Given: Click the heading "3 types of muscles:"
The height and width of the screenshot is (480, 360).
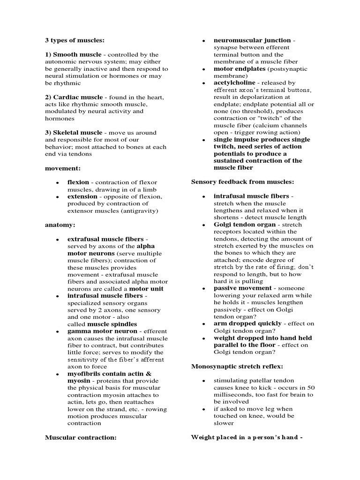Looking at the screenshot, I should click(x=75, y=40).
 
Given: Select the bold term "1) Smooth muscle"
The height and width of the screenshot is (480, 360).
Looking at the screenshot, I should click(x=73, y=54).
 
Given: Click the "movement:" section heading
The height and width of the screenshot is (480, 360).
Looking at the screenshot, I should click(x=63, y=168).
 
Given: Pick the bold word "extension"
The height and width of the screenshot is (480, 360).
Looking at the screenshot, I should click(x=83, y=196).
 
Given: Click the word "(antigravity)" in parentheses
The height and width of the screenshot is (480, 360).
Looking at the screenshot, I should click(x=140, y=211).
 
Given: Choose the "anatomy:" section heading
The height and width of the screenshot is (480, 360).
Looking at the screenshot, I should click(x=60, y=225).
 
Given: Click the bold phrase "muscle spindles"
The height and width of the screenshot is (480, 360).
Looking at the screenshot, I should click(x=112, y=324).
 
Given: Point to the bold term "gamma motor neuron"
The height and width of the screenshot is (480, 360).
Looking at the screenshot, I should click(x=102, y=331).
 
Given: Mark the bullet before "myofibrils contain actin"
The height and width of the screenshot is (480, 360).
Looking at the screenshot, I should click(x=57, y=374).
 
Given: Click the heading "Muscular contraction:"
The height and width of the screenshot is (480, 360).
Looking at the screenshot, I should click(x=81, y=437).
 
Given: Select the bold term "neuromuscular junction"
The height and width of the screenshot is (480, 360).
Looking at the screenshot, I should click(x=252, y=40).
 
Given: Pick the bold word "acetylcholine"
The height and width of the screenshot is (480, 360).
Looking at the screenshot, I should click(x=234, y=82).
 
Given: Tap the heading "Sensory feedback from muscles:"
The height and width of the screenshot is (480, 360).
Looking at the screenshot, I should click(x=242, y=181).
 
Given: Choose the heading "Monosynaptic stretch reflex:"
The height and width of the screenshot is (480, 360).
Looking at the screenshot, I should click(x=237, y=366).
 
